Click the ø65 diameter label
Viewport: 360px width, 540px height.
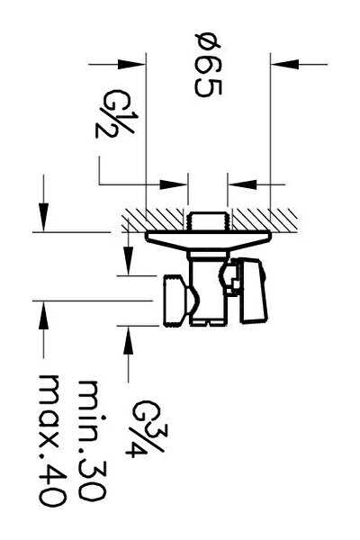pyautogui.click(x=208, y=66)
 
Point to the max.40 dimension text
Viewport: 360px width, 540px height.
pyautogui.click(x=52, y=440)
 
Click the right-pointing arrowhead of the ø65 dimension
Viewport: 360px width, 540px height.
pyautogui.click(x=130, y=64)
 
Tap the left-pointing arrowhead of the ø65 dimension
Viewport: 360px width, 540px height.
pyautogui.click(x=285, y=64)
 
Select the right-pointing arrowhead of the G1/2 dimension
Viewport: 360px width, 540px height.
pyautogui.click(x=173, y=184)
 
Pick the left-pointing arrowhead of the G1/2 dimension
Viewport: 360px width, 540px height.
pyautogui.click(x=242, y=184)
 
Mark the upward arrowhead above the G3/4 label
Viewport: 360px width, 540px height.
pyautogui.click(x=128, y=340)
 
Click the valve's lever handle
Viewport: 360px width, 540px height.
pyautogui.click(x=254, y=292)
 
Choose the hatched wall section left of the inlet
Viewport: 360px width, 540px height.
pyautogui.click(x=152, y=220)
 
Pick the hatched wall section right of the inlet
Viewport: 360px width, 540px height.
pyautogui.click(x=265, y=220)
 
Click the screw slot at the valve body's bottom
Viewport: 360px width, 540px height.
pyautogui.click(x=207, y=322)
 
